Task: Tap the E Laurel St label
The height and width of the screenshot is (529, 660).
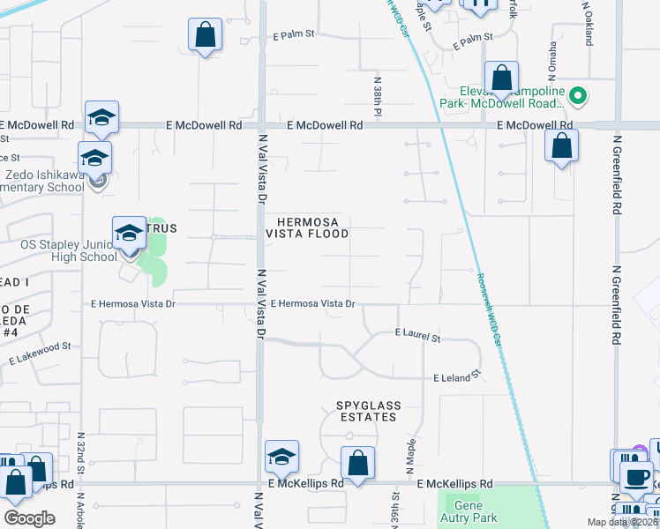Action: (417, 336)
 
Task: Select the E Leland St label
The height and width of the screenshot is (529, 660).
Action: (456, 376)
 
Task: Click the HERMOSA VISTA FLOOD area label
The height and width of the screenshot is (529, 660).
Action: (313, 227)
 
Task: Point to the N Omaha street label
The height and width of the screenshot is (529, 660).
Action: (553, 59)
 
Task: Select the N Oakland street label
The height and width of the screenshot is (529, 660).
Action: (587, 18)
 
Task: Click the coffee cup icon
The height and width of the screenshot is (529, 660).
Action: (635, 477)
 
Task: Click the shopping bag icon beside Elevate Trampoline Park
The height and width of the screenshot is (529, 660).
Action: (501, 78)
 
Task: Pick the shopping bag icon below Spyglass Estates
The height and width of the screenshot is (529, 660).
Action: (357, 463)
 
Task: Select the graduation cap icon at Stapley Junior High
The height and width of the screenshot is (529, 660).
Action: (129, 234)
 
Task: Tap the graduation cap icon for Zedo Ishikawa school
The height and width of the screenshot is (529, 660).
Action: (94, 159)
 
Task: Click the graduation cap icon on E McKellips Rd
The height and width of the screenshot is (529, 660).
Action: (282, 457)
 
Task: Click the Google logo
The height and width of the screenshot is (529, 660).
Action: (29, 518)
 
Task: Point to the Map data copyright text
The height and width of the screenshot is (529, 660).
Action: (622, 522)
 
